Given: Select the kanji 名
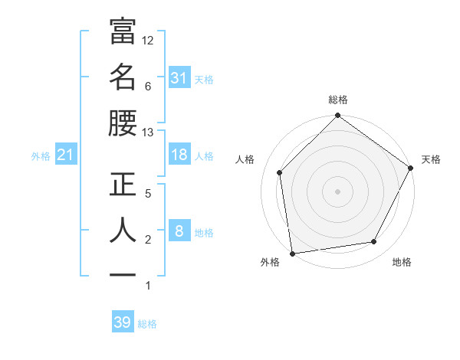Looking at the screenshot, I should (x=123, y=77).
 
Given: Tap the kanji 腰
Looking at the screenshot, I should (x=123, y=123).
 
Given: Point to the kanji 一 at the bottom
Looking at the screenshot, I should (x=123, y=274).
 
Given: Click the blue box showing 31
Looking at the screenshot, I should (x=179, y=78).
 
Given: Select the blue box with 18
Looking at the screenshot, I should (x=179, y=155).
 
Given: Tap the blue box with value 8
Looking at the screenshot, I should (x=179, y=231).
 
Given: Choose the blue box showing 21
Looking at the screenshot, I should (x=65, y=155).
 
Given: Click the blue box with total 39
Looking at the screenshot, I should (x=123, y=322).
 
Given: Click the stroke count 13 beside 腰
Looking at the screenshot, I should (x=149, y=132).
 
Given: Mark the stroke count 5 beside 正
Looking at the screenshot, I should (x=147, y=194).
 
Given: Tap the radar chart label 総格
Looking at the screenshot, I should (x=338, y=100).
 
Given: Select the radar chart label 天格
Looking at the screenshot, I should (x=431, y=159).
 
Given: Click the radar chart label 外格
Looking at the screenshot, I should (x=270, y=262).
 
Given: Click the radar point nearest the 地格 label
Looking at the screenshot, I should (x=374, y=242).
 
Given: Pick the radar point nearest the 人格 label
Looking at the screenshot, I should (x=280, y=172).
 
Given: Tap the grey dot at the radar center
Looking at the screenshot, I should (x=338, y=191).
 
